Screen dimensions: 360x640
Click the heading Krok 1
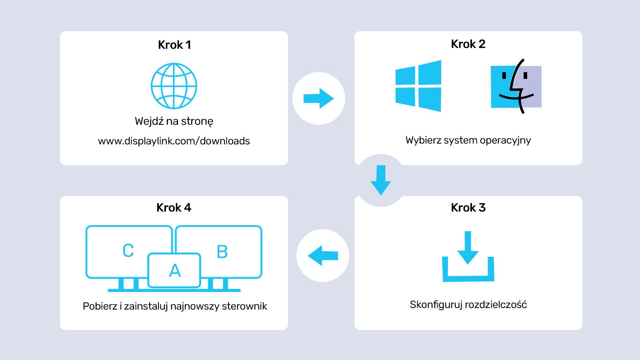point(174,45)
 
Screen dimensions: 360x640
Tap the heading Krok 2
point(468,44)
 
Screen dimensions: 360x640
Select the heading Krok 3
point(468,208)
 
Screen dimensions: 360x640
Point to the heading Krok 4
point(174,208)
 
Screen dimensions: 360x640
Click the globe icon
point(174,86)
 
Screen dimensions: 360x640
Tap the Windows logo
point(418,86)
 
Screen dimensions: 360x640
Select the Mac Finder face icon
point(516,86)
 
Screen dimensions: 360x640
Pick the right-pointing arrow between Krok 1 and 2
point(318,98)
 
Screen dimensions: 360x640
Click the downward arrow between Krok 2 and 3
point(381,180)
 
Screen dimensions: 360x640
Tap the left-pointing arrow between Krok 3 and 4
point(323,256)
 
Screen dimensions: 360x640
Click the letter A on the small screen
point(175,271)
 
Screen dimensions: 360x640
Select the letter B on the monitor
point(222,252)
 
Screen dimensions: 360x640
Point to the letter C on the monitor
point(128,251)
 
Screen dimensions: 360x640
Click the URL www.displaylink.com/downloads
point(174,141)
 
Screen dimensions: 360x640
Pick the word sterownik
point(244,306)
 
